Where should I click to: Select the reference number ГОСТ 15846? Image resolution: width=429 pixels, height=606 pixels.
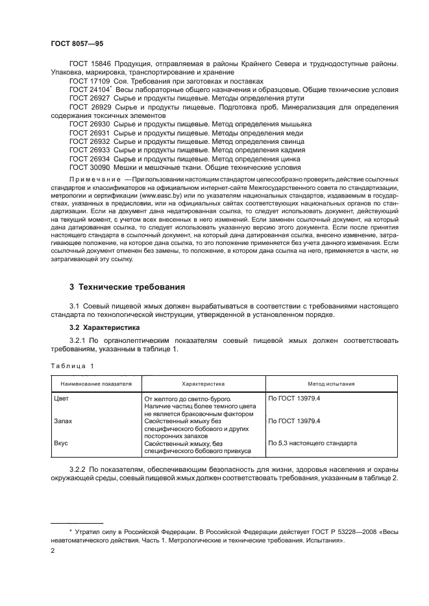(x=90, y=64)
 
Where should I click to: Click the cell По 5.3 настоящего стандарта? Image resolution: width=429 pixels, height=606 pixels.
(x=312, y=443)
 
